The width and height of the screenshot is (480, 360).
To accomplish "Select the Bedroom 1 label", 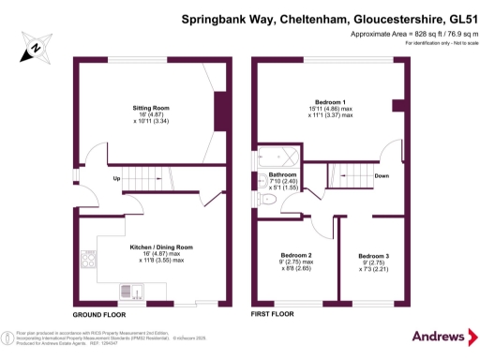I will tap(330, 101).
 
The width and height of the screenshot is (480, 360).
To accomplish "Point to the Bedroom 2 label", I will tap(295, 255).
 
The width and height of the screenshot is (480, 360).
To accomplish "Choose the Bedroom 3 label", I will tap(374, 256).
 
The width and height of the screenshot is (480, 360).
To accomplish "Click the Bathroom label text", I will tap(282, 175).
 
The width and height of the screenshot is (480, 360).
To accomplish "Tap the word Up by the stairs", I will tap(117, 178).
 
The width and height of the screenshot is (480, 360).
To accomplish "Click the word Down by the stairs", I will tap(382, 175).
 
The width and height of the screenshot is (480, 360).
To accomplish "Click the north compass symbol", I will tap(35, 48).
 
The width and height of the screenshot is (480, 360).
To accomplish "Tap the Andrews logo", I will tap(439, 337).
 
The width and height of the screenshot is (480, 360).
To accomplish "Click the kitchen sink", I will tap(130, 293).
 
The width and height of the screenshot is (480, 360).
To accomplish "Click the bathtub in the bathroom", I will tap(277, 157).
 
